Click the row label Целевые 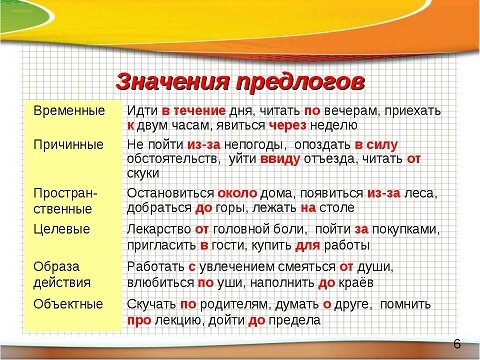[x=62, y=228]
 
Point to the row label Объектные [x=67, y=304]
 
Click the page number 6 [x=457, y=343]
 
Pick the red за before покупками [x=361, y=228]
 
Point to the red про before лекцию [x=139, y=322]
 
